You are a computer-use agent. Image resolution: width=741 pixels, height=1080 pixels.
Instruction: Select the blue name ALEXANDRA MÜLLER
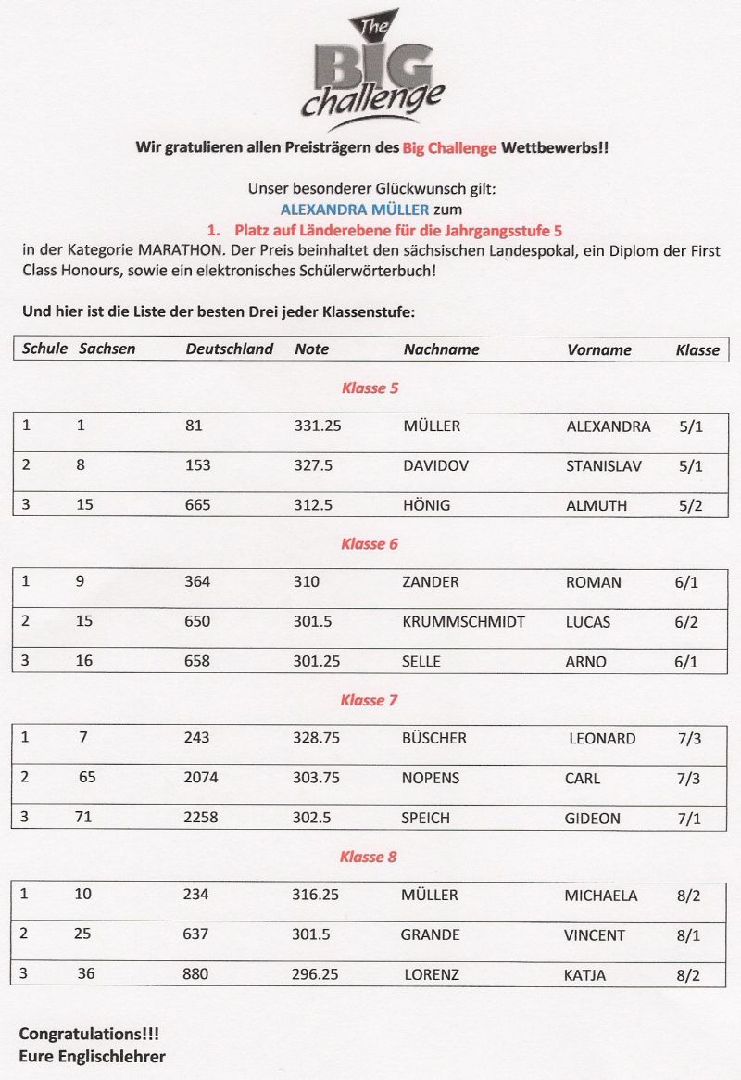point(355,210)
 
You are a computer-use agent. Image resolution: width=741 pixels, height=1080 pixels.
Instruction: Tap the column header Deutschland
point(229,349)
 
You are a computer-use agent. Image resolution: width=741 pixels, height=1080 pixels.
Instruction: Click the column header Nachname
point(441,349)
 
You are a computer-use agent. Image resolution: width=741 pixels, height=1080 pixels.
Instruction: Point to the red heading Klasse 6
point(369,544)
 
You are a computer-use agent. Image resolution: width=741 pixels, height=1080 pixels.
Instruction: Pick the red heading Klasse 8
point(368,857)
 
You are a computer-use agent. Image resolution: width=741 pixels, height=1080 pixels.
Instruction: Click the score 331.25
point(318,426)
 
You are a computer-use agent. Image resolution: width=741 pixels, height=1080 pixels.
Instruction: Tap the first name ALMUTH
point(596,505)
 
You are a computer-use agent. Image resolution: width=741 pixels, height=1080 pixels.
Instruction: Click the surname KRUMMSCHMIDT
point(463,621)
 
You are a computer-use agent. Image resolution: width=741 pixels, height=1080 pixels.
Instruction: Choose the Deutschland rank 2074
point(201,778)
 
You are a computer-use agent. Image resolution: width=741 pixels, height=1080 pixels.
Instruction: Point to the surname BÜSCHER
point(433,739)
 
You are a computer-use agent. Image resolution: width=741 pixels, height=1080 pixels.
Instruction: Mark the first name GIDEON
point(592,819)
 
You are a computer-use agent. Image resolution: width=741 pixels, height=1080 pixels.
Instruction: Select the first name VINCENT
point(594,935)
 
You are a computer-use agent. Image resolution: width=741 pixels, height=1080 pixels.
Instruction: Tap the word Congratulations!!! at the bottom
point(82,1033)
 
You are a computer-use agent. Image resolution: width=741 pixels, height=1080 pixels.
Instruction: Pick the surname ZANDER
point(430,582)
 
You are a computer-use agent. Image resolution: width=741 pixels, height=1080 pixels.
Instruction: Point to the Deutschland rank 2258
point(201,818)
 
